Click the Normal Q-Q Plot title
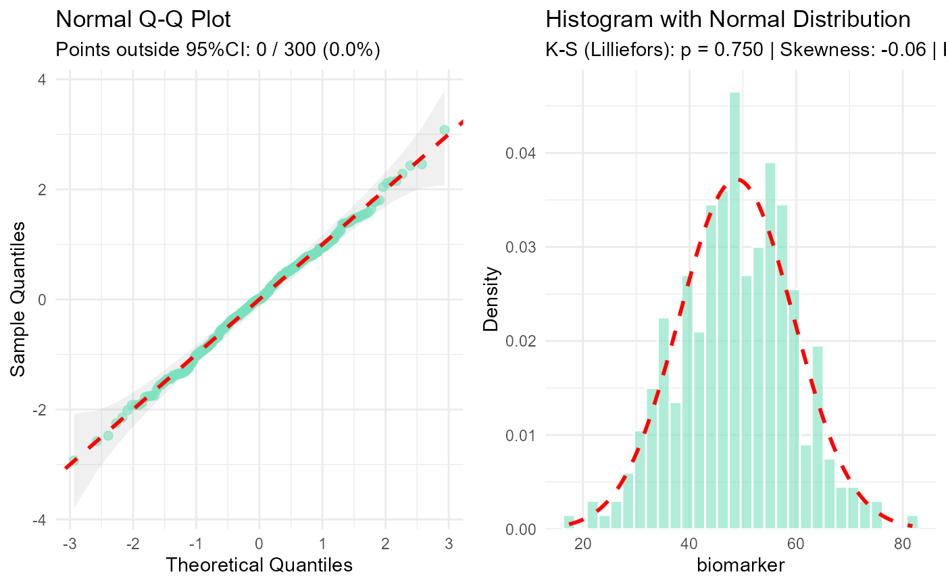pyautogui.click(x=143, y=20)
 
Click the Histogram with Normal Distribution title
pyautogui.click(x=728, y=20)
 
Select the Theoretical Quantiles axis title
pyautogui.click(x=259, y=565)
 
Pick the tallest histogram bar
pyautogui.click(x=735, y=311)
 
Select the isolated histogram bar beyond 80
pyautogui.click(x=912, y=522)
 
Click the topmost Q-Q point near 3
pyautogui.click(x=444, y=130)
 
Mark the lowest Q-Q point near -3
pyautogui.click(x=74, y=461)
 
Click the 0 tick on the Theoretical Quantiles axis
pyautogui.click(x=259, y=543)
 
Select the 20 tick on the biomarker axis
pyautogui.click(x=582, y=543)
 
